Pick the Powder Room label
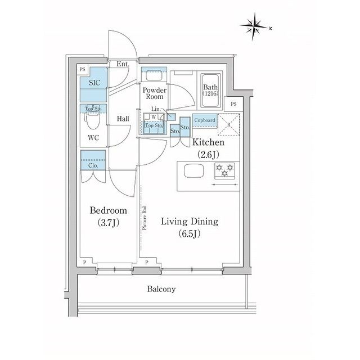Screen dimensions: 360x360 click(x=153, y=93)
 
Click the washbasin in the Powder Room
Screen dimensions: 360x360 click(x=152, y=75)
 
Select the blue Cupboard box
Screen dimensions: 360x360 click(x=205, y=120)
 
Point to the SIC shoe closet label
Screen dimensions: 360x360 click(x=92, y=82)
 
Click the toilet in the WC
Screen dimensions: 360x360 click(x=93, y=121)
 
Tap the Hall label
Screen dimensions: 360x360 click(x=124, y=119)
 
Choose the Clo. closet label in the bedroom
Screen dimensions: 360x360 click(x=93, y=165)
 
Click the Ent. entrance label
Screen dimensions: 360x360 click(x=123, y=64)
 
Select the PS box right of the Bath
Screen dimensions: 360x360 click(x=233, y=105)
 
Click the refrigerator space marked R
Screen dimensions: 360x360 click(x=229, y=125)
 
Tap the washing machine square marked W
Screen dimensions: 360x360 click(x=154, y=118)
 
